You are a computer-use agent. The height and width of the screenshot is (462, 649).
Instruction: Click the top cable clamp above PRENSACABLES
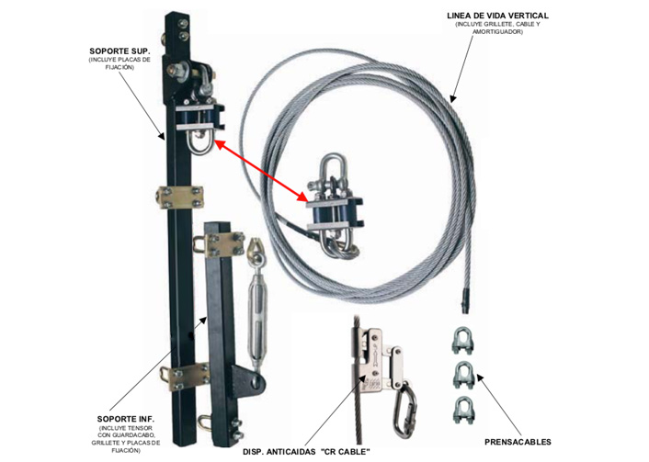(x=466, y=341)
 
